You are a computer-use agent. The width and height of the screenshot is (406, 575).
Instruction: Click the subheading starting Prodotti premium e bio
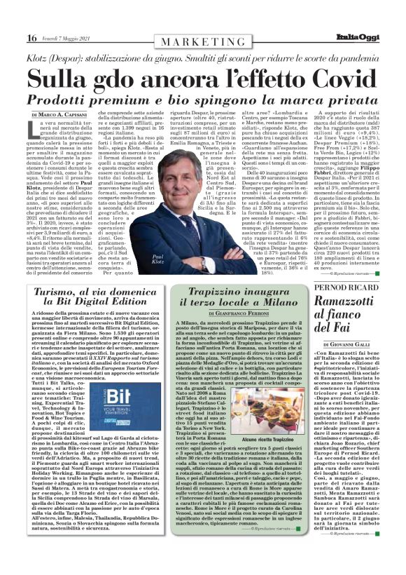pos(203,97)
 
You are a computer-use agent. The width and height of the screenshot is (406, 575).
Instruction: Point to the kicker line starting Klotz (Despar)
pos(203,55)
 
